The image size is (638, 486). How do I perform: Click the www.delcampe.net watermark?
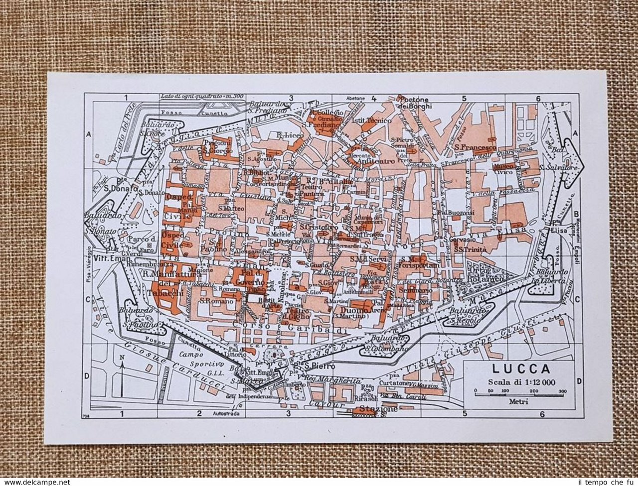pyautogui.click(x=35, y=482)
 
